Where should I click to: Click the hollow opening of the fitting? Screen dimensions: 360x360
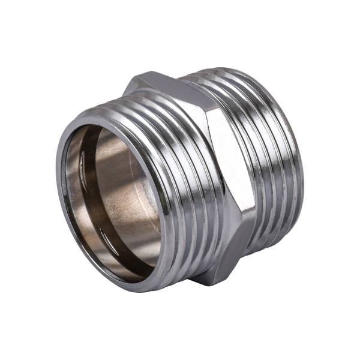[114, 198]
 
